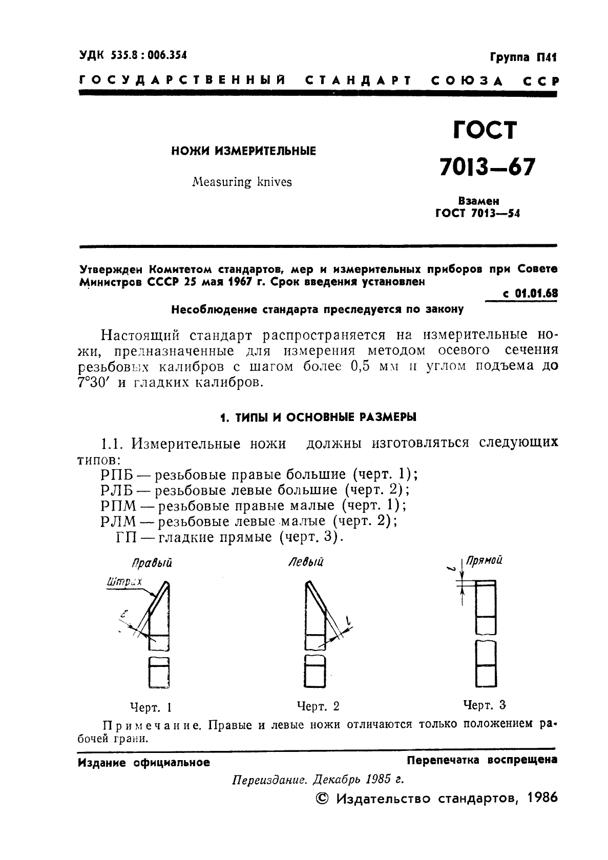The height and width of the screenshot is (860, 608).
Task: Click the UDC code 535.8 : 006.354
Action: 149,55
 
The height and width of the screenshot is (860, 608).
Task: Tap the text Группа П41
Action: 522,57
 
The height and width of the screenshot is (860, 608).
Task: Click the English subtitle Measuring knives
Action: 242,182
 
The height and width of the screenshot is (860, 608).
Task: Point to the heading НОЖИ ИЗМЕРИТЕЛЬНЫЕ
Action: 243,151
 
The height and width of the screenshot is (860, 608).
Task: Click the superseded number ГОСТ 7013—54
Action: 477,214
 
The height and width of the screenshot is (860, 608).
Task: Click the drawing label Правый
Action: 152,563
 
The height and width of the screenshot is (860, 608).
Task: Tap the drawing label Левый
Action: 306,562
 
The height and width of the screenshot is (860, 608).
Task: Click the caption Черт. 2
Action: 318,706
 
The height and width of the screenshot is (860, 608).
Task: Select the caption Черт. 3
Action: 484,705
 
